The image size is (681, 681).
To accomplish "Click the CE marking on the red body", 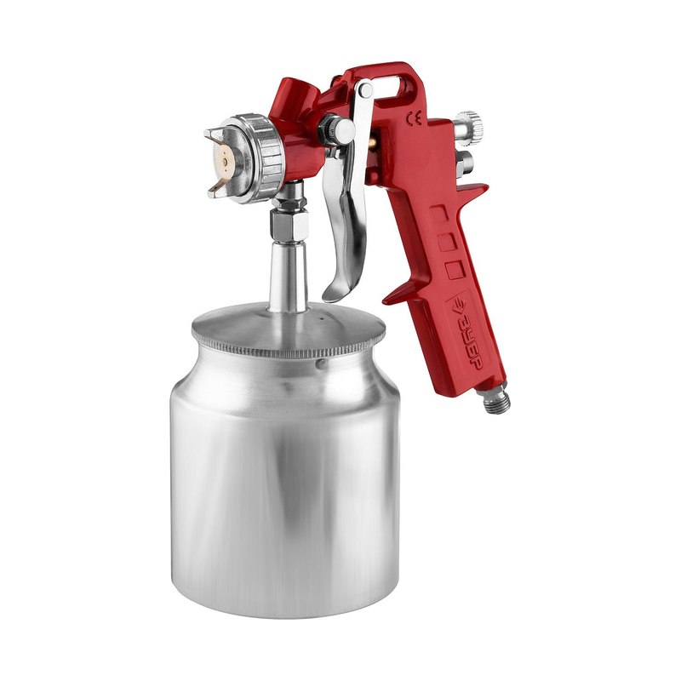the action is [413, 118].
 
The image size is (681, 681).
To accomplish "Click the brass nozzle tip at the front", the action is [224, 161].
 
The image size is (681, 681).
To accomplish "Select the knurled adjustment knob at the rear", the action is [470, 129].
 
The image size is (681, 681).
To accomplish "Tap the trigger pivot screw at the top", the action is [365, 90].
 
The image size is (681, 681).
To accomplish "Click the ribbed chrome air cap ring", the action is [260, 158].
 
